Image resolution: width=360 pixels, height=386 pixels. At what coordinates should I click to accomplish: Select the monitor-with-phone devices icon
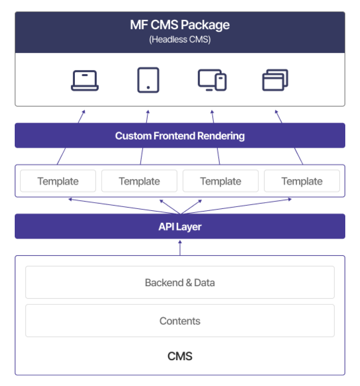212,80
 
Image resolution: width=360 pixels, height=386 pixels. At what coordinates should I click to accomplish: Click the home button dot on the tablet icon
148,88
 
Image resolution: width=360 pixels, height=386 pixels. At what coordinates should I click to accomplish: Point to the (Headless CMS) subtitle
180,39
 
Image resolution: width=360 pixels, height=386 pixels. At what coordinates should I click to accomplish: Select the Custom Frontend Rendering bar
180,135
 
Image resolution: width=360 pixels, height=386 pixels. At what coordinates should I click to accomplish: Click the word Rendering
221,136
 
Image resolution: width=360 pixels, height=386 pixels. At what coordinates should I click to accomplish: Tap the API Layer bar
180,226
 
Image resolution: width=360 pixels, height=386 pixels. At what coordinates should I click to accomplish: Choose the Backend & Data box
180,283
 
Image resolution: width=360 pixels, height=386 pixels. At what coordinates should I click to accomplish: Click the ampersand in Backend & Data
189,283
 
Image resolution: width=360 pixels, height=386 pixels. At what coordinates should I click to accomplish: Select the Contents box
180,321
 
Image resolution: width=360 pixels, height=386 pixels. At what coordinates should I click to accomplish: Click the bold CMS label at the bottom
180,356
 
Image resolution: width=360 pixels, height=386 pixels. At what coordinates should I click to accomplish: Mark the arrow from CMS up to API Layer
180,248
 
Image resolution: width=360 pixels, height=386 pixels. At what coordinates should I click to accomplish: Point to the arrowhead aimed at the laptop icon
83,112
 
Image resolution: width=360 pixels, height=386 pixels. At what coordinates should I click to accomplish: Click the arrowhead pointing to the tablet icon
148,112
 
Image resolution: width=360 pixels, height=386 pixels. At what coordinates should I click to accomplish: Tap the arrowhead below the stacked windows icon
277,112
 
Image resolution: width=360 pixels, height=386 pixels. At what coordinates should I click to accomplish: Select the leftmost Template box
58,181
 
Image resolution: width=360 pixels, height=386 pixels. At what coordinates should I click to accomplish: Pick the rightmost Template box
302,181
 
